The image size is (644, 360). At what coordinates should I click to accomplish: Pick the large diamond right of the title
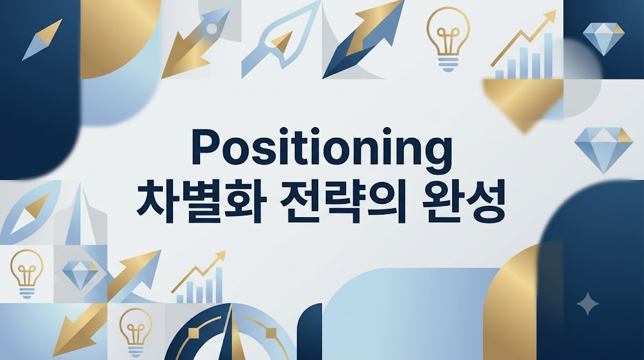pyautogui.click(x=604, y=150)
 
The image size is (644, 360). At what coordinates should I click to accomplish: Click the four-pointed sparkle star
pyautogui.click(x=587, y=304)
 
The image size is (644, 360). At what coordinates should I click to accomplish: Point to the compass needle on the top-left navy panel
pyautogui.click(x=42, y=40)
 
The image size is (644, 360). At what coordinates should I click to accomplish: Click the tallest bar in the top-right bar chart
pyautogui.click(x=548, y=56)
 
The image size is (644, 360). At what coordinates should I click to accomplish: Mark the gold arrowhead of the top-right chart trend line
pyautogui.click(x=550, y=17)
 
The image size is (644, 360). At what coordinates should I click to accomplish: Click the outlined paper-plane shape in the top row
pyautogui.click(x=280, y=40)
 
